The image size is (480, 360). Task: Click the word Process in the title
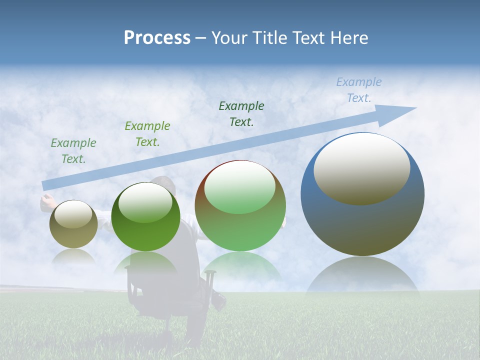pos(157,38)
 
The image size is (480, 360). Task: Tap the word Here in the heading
pos(349,38)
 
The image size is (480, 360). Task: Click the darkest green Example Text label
pos(241,114)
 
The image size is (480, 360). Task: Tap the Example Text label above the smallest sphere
pos(73,150)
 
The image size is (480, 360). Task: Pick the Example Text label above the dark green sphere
pos(147,134)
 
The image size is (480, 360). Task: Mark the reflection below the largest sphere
pos(362,277)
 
